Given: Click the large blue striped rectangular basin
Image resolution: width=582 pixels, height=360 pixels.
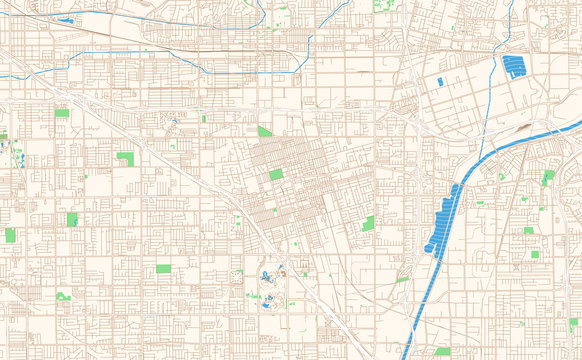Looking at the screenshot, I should (x=515, y=68).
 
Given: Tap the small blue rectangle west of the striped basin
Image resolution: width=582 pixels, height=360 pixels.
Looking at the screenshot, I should (x=440, y=81).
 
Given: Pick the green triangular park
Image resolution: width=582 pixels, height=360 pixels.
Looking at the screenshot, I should (x=263, y=131).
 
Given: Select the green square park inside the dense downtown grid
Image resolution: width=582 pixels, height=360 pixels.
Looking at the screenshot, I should (x=276, y=174).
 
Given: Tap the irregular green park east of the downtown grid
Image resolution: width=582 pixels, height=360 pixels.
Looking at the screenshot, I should (x=368, y=223).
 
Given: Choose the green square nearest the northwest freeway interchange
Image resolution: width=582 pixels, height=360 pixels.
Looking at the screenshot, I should (x=62, y=113).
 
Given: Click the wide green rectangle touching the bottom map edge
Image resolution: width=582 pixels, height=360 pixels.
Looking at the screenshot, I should (x=442, y=352).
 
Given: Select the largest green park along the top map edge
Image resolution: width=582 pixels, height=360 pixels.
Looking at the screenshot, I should (x=383, y=5).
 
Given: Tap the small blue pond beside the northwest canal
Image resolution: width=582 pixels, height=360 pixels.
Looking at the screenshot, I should (x=67, y=19).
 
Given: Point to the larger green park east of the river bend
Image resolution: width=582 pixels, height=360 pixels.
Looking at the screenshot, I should (x=548, y=176).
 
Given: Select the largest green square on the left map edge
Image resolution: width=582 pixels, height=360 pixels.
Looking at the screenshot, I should (x=10, y=235).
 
